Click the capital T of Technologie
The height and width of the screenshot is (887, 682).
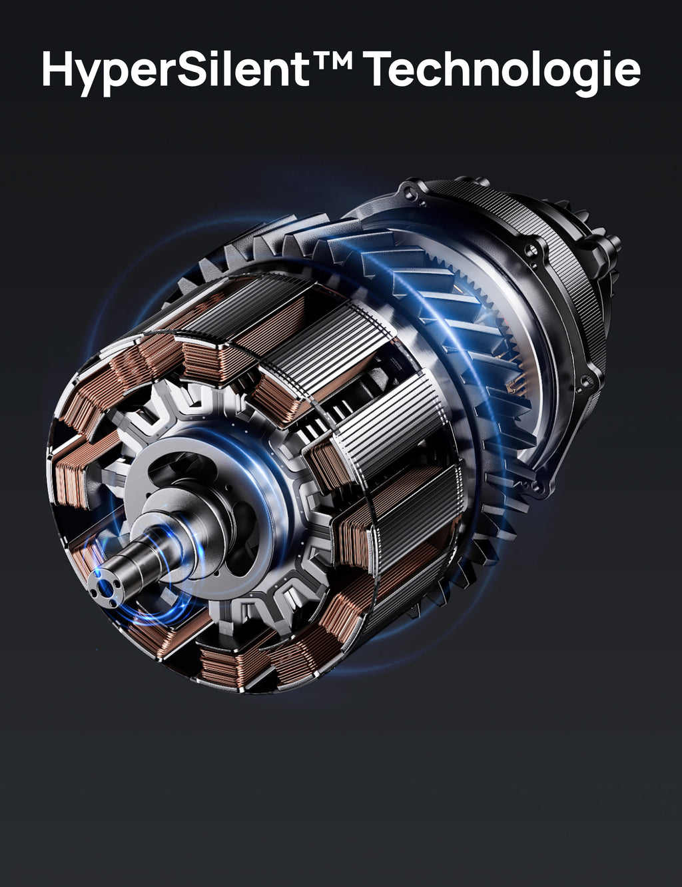click(383, 69)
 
